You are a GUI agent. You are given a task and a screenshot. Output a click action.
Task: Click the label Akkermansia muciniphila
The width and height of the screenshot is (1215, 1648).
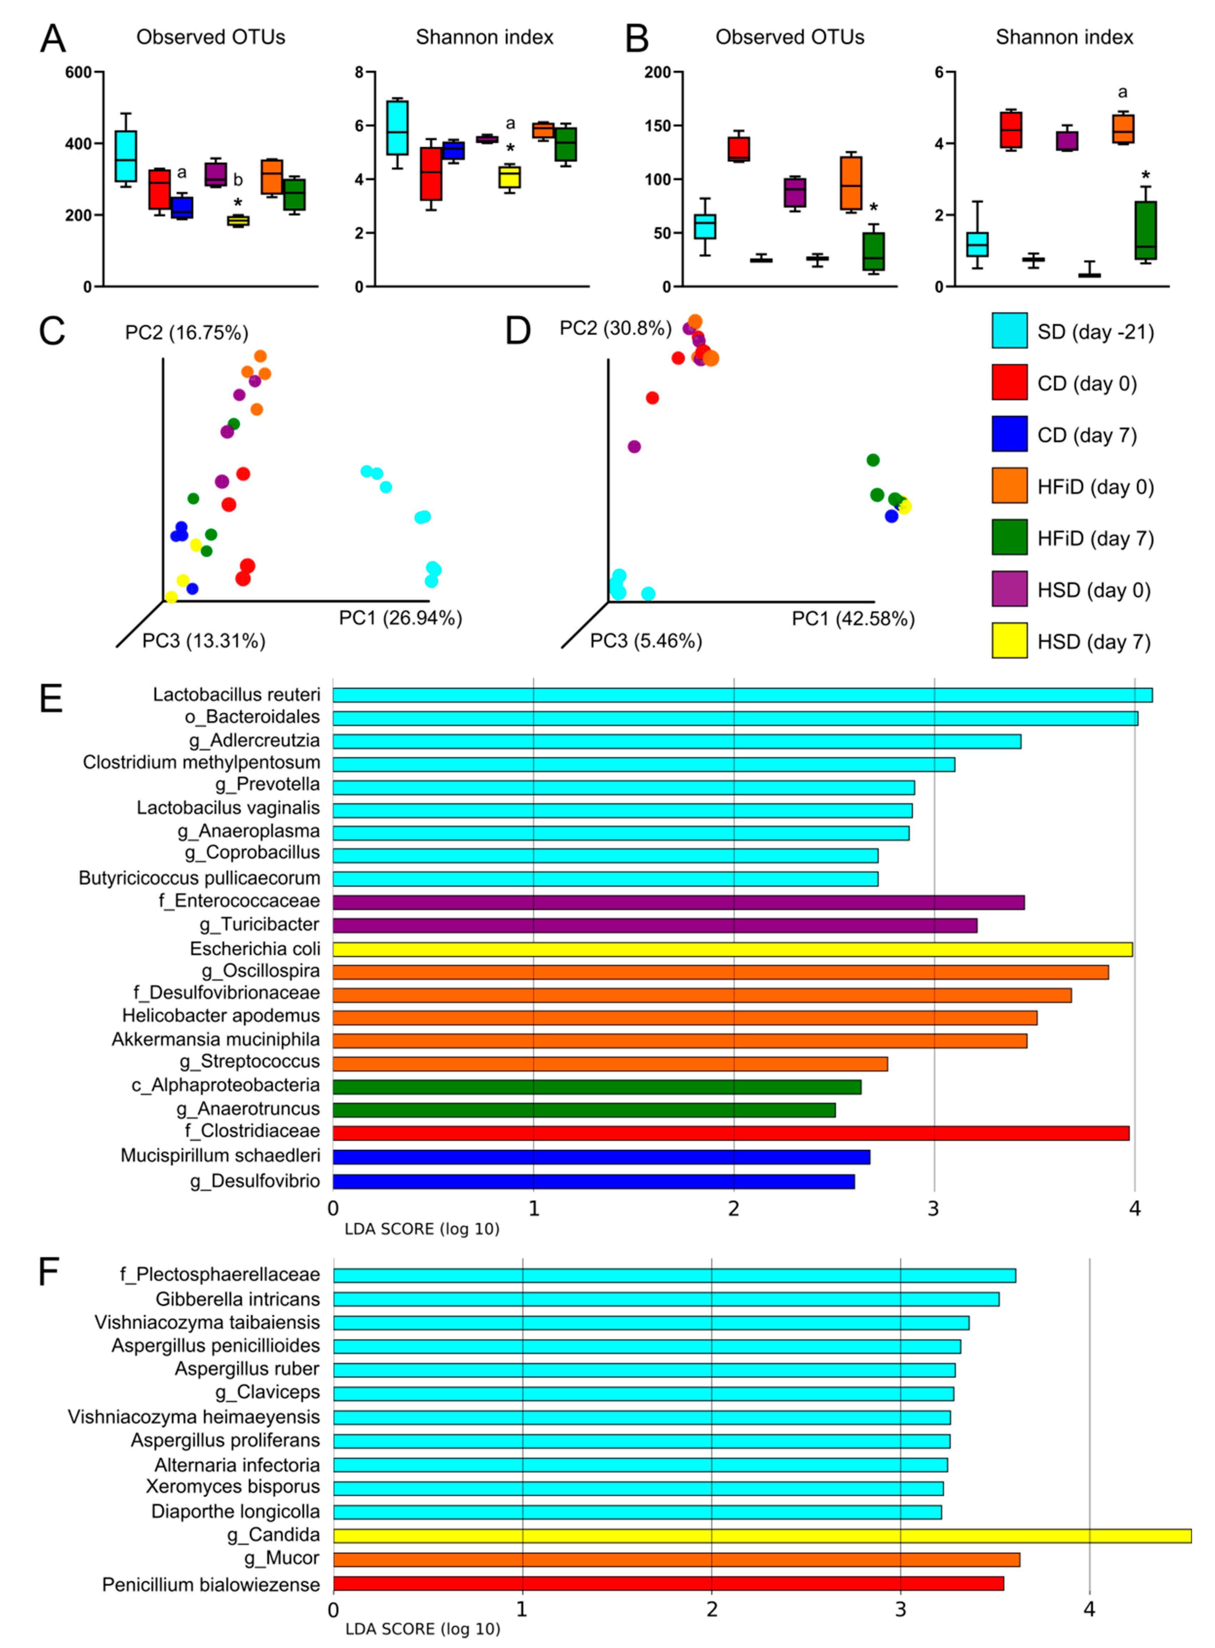coord(216,1040)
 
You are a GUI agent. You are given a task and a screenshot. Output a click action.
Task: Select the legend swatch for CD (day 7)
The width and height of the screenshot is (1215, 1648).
coord(1009,434)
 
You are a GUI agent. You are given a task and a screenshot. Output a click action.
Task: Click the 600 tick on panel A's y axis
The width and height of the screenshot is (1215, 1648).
coord(79,72)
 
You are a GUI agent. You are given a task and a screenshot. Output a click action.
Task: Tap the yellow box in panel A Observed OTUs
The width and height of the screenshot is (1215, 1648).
coord(238,220)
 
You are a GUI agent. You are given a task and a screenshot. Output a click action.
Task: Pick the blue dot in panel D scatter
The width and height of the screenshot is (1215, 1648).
coord(891,516)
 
